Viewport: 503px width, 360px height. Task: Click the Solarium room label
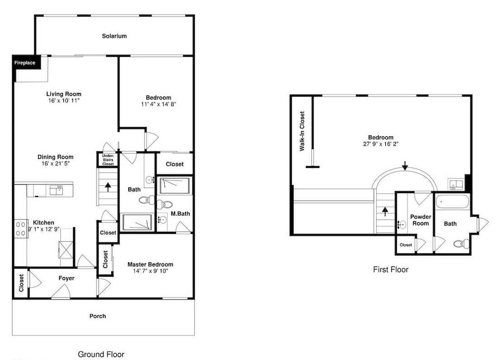click(x=114, y=36)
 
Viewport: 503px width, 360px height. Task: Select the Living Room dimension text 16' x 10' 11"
click(x=64, y=101)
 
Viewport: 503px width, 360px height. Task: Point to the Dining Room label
click(x=55, y=157)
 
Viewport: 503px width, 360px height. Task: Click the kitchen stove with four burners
click(x=21, y=229)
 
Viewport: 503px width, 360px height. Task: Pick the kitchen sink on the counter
click(x=56, y=190)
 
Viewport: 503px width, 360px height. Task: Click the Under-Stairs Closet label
click(x=108, y=160)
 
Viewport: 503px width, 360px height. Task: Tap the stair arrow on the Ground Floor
click(x=108, y=187)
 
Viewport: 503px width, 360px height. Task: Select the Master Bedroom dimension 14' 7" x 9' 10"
click(x=150, y=271)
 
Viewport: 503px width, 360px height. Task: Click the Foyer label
click(x=66, y=278)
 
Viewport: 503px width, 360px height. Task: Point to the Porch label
click(x=98, y=316)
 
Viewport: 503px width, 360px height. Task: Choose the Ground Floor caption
click(x=101, y=354)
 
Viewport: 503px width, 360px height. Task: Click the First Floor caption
click(x=391, y=269)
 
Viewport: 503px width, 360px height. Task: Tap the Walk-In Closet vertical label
click(x=302, y=131)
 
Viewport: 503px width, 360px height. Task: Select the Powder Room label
click(x=421, y=220)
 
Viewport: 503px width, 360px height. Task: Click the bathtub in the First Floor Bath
click(x=453, y=202)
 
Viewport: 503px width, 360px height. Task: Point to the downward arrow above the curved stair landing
click(x=405, y=165)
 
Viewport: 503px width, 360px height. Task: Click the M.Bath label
click(x=180, y=214)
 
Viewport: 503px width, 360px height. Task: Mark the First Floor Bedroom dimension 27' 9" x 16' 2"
click(x=381, y=144)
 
